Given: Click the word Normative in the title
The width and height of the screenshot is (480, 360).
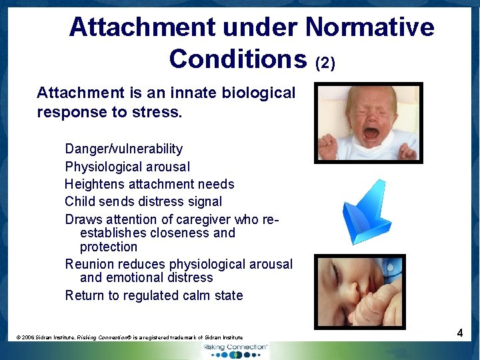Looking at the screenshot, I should coord(369,27).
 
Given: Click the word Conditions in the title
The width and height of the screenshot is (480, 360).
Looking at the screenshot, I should coord(237,59).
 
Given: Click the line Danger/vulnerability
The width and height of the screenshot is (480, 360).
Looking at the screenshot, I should coord(123,149).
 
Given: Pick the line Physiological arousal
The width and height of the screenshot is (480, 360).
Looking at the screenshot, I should coord(127,167).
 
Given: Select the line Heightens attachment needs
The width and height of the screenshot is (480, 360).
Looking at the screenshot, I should coord(149,184).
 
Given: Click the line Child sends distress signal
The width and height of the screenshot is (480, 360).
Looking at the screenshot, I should coord(143,201).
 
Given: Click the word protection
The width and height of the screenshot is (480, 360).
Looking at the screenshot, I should coord(108,247).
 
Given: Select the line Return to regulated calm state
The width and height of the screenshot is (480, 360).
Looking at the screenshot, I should coord(153,295).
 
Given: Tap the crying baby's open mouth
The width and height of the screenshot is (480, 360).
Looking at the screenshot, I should coord(371,133).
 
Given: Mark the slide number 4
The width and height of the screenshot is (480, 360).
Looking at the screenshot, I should coord(460,333).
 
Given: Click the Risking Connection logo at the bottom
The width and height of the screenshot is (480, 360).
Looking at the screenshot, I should coord(236,350).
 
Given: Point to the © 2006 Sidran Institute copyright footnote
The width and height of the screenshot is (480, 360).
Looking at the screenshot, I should coord(130,338).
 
